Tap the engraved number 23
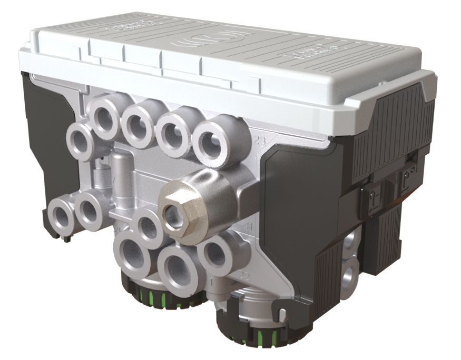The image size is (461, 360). click(259, 141)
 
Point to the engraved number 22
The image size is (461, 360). click(244, 275)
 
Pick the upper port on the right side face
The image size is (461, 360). click(350, 243)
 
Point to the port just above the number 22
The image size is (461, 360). click(217, 253)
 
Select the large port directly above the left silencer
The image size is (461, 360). click(132, 255)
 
